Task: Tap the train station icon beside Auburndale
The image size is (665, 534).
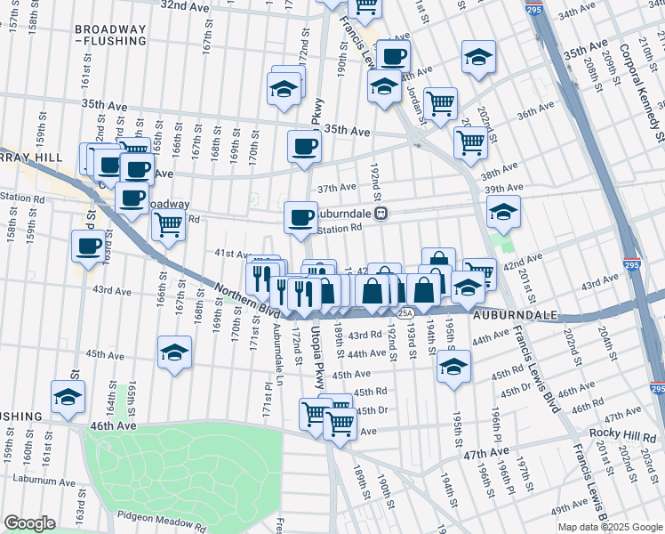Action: click(x=381, y=214)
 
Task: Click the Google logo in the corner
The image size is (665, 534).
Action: click(x=30, y=523)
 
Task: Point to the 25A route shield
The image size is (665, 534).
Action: click(x=405, y=312)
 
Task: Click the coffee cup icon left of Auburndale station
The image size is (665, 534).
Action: click(x=301, y=216)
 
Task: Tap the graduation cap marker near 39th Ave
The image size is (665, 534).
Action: click(x=503, y=211)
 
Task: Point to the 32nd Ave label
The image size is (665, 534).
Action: click(x=185, y=6)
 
